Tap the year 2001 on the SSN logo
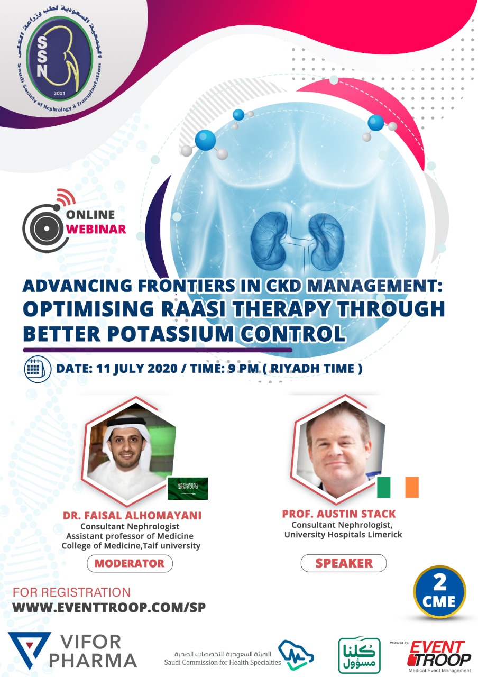point(59,93)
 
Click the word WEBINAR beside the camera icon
point(96,229)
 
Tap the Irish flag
point(398,487)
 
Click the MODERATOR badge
point(130,563)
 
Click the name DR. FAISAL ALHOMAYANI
point(132,515)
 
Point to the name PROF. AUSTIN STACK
point(339,514)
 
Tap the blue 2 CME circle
point(439,593)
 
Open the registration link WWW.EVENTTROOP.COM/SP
point(109,607)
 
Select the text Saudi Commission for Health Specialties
point(223,662)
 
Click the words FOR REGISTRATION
point(71,592)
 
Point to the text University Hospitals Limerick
point(343,534)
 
